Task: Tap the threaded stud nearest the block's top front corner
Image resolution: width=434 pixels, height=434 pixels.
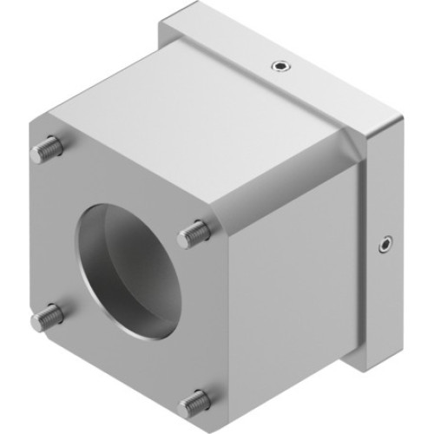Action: click(195, 233)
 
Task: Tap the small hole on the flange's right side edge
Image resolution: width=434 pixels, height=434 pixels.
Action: click(384, 247)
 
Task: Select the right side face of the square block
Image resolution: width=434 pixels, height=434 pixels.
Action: click(286, 295)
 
